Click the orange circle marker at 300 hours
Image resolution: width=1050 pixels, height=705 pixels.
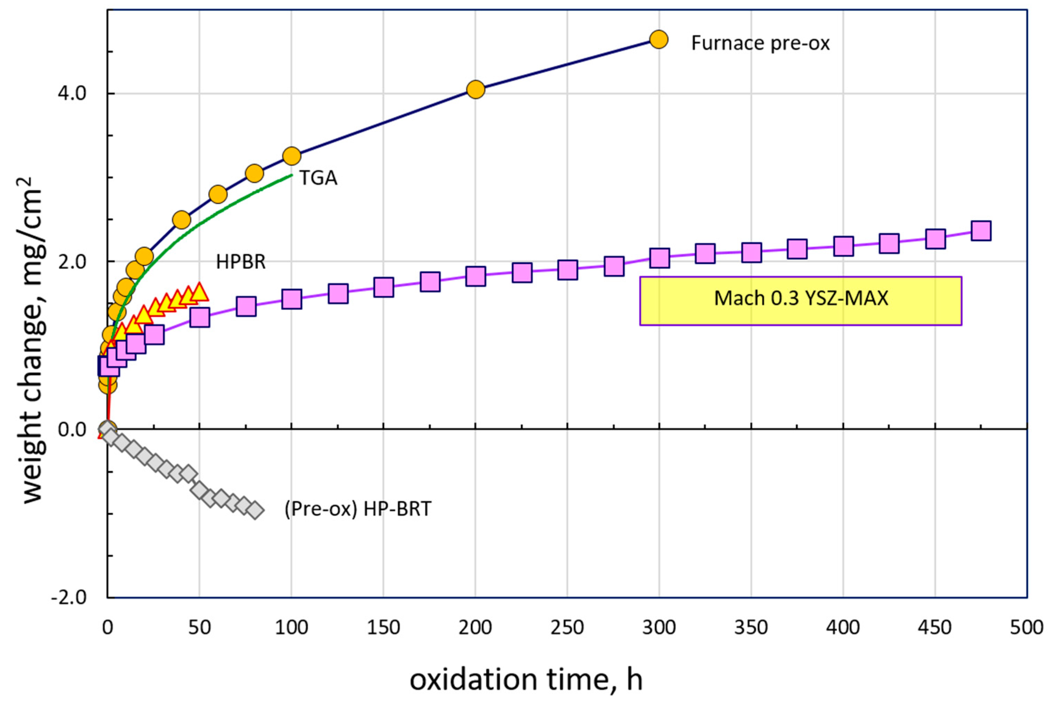[x=659, y=40]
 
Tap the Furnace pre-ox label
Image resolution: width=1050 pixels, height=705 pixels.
[x=760, y=43]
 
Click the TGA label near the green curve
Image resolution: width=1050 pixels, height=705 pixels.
[x=318, y=178]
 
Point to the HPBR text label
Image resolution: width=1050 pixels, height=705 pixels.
[x=241, y=262]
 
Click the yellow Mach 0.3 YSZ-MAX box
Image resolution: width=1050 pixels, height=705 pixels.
[x=800, y=300]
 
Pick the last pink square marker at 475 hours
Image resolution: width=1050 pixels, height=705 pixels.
[x=981, y=231]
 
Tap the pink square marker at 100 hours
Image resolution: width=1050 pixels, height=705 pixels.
[x=291, y=299]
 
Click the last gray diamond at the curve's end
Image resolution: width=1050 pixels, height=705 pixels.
[x=255, y=510]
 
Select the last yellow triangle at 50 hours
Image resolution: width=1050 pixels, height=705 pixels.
[x=199, y=292]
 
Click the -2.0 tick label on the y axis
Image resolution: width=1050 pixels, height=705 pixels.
[x=69, y=598]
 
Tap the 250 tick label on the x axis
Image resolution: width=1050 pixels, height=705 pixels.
[x=567, y=628]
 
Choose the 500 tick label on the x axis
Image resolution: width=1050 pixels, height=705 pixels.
[x=1027, y=628]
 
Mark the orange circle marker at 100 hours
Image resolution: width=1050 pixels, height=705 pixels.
[x=291, y=156]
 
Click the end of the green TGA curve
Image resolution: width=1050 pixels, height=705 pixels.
[x=291, y=175]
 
